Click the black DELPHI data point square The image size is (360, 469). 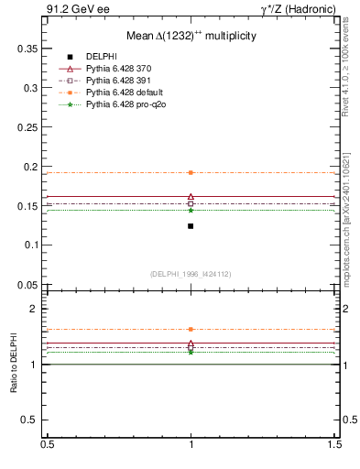pyautogui.click(x=191, y=225)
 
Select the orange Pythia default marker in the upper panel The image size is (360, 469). pyautogui.click(x=191, y=172)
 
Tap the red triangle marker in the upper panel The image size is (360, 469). pyautogui.click(x=191, y=197)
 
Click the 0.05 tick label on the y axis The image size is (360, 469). pyautogui.click(x=27, y=285)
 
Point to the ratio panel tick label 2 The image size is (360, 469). pyautogui.click(x=37, y=310)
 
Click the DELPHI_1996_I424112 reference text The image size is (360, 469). pyautogui.click(x=191, y=274)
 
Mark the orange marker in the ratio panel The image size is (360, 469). pyautogui.click(x=191, y=329)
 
